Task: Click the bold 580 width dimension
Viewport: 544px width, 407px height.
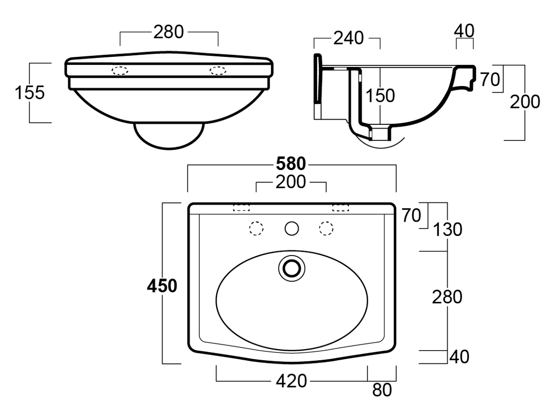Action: click(291, 164)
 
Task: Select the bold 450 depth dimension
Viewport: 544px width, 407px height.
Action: click(162, 286)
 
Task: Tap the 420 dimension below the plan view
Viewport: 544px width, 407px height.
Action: click(291, 380)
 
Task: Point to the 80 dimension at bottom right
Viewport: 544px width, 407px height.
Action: click(381, 391)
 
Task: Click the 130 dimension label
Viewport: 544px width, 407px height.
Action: click(447, 230)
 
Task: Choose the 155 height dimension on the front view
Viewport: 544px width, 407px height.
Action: click(29, 92)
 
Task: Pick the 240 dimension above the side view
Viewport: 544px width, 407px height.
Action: click(348, 38)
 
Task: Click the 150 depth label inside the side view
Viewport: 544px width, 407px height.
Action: click(380, 96)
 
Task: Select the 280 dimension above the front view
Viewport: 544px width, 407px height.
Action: click(168, 32)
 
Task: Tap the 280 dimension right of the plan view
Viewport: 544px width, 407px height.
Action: click(447, 297)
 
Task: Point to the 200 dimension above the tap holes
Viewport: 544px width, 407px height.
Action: click(291, 182)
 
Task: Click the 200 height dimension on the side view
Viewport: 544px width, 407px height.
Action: click(525, 102)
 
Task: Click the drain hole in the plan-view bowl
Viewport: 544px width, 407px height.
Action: click(291, 267)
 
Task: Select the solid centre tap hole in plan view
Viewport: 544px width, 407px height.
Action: click(291, 228)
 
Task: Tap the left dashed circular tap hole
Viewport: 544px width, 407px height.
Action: click(257, 228)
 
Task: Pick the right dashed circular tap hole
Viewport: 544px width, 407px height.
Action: click(326, 228)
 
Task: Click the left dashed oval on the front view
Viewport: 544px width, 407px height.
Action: click(120, 71)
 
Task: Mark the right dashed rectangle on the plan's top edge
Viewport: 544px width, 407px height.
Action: click(341, 208)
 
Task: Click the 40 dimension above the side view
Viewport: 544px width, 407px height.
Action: click(464, 31)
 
